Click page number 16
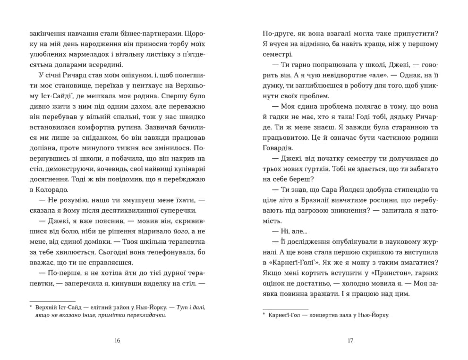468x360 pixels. [118, 341]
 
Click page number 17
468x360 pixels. [350, 341]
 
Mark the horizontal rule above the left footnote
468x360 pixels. [52, 301]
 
